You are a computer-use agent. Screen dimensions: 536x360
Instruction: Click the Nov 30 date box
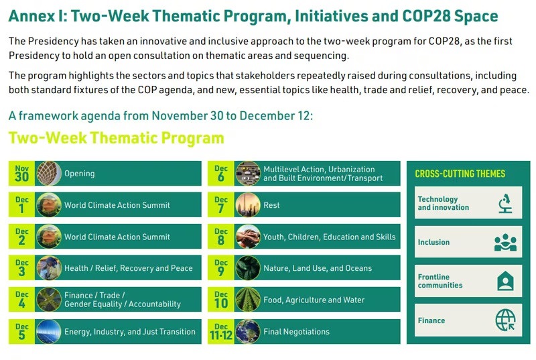pos(21,174)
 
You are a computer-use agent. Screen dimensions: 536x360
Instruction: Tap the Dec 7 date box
pos(221,204)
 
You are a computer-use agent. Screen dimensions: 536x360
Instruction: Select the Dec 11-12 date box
pos(221,332)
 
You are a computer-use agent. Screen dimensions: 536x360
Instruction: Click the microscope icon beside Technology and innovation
pos(505,203)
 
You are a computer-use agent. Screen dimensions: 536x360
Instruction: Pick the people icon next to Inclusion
pos(505,242)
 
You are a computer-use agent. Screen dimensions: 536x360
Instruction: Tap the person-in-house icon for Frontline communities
pos(505,281)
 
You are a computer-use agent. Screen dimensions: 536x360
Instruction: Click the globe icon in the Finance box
pos(506,320)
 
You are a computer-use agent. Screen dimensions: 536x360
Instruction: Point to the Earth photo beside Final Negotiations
pos(248,332)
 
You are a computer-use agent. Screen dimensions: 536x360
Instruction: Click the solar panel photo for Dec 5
pos(49,332)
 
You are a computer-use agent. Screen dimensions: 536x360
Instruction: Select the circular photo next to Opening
pos(49,174)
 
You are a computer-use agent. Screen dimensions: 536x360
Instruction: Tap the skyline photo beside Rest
pos(248,204)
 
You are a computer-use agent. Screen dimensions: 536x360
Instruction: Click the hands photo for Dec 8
pos(248,237)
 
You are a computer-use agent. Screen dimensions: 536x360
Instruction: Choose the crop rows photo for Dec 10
pos(248,300)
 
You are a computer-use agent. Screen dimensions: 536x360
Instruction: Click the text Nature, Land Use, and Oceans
pos(318,268)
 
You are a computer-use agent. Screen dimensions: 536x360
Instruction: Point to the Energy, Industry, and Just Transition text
pos(130,332)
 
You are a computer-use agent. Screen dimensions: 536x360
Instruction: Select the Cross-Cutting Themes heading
pos(460,174)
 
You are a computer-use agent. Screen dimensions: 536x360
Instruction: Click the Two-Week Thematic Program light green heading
pos(116,138)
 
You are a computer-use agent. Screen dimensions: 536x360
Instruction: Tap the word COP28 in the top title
pos(426,15)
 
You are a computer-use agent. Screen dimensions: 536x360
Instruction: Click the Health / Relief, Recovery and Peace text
pos(129,268)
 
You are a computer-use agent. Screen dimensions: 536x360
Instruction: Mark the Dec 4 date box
pos(21,300)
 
